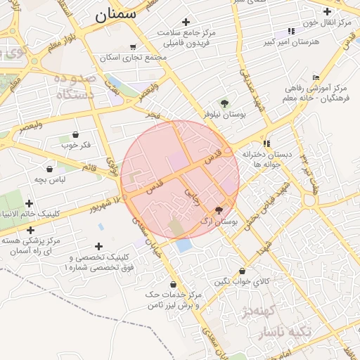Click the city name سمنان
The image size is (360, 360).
point(115,14)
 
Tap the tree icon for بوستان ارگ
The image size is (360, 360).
point(219,210)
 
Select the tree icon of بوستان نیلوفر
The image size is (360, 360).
point(224,103)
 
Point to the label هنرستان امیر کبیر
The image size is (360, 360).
point(290,42)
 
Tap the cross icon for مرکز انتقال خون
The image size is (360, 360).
point(327,11)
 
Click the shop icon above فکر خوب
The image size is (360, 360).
point(75,134)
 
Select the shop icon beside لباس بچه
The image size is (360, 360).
point(49,169)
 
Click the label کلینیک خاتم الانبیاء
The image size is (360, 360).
point(47,213)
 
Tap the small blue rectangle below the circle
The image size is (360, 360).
point(184,246)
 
